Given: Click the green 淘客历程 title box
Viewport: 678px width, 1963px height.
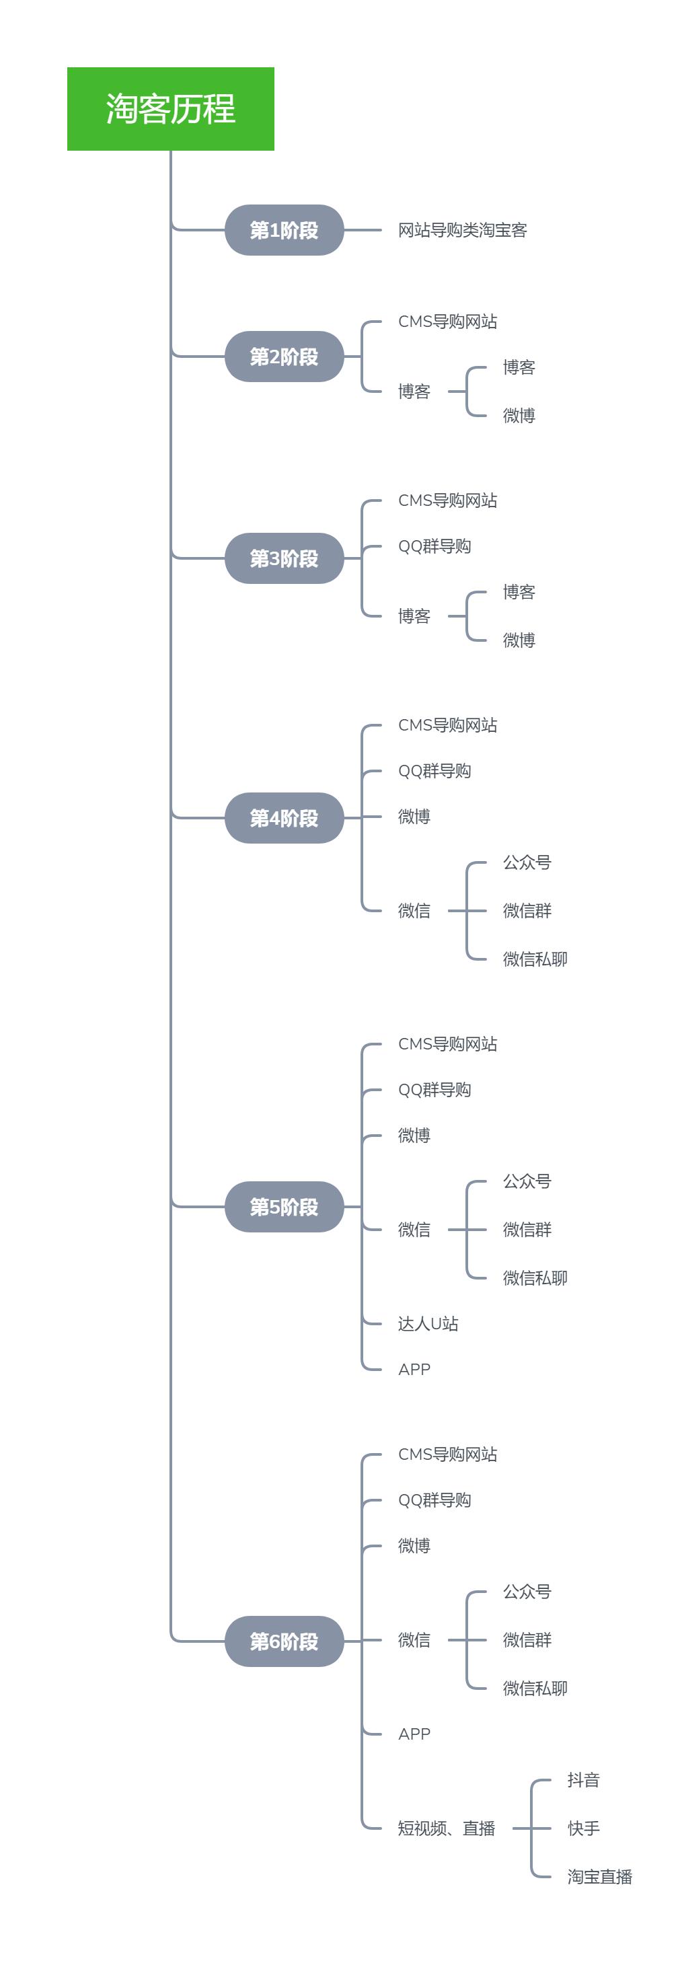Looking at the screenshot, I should (x=170, y=109).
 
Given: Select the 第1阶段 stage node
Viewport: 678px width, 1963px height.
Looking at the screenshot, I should (x=284, y=230).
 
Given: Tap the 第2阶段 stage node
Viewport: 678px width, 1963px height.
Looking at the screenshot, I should (x=284, y=357).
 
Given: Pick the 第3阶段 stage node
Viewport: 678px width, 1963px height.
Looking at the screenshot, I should (x=284, y=558).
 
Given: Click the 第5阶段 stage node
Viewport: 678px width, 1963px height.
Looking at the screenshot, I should (x=284, y=1206).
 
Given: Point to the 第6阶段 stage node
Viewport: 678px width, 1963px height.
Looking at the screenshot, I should (x=284, y=1641).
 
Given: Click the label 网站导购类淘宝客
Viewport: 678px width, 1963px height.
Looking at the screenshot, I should (x=462, y=230).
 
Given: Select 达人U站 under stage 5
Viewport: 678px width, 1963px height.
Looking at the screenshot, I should (x=428, y=1324).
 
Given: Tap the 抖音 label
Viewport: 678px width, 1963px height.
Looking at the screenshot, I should (x=584, y=1779).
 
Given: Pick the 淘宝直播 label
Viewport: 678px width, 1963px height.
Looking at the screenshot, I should (x=599, y=1876).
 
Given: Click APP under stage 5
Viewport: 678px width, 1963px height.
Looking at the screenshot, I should (x=414, y=1370).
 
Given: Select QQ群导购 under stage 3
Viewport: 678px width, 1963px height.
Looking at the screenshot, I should (x=435, y=546).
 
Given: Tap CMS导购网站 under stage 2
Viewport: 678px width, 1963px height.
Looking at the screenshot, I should (x=447, y=322).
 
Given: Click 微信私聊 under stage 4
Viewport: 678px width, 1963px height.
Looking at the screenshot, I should (x=535, y=959).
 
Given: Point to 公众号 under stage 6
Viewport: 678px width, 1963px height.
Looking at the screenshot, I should (x=527, y=1591).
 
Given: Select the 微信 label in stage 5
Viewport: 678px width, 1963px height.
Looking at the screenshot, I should (x=414, y=1229).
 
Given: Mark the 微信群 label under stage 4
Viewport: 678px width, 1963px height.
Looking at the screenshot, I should (x=527, y=911).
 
